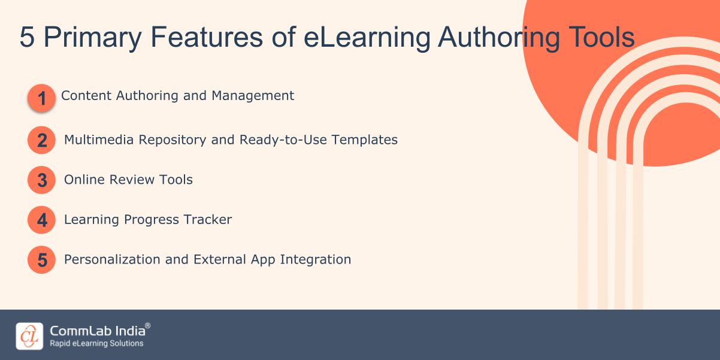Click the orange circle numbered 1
(41, 98)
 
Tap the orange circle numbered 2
(41, 140)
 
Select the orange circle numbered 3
(41, 180)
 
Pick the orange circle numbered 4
(41, 220)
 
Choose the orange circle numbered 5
(41, 260)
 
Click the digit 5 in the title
(27, 38)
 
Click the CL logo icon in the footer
(29, 336)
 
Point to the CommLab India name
(96, 330)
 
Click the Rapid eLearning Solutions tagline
(96, 344)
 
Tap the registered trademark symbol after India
(148, 326)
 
